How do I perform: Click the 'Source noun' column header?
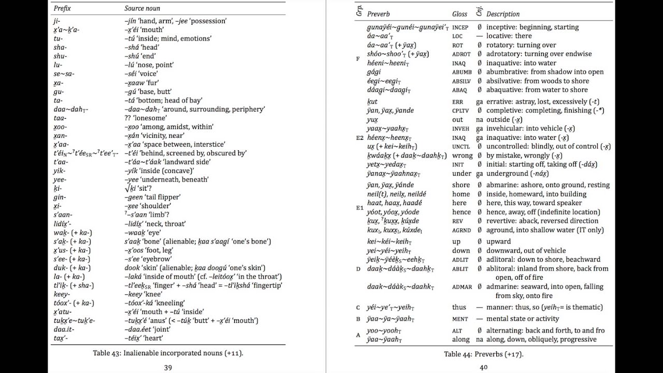tap(142, 8)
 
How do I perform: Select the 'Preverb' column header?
tap(378, 14)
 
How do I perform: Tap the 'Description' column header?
tap(502, 14)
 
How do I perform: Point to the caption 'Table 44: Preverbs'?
tap(483, 354)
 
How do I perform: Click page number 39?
tap(168, 367)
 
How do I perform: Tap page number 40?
tap(483, 367)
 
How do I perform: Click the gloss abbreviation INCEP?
tap(460, 27)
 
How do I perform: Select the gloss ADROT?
tap(461, 54)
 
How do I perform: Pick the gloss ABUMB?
tap(462, 73)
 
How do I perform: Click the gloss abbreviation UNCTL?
tap(461, 147)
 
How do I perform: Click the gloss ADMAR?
tap(462, 287)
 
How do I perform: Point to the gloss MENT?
tap(459, 319)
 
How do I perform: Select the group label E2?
tap(359, 138)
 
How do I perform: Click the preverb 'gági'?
tap(374, 72)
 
